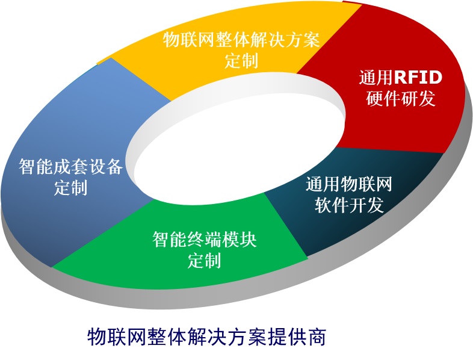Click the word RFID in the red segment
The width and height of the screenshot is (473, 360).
click(x=418, y=77)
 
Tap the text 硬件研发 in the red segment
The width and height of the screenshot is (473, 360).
click(x=401, y=98)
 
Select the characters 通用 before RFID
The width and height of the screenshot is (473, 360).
click(x=376, y=77)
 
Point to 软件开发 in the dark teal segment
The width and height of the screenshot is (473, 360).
click(x=349, y=205)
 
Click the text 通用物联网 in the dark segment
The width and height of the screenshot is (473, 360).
click(x=349, y=184)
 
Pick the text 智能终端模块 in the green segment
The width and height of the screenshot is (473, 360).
click(x=205, y=239)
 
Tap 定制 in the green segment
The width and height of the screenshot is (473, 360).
click(x=205, y=260)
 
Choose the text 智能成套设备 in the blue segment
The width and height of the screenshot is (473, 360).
click(x=70, y=167)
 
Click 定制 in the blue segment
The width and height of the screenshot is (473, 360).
click(x=70, y=188)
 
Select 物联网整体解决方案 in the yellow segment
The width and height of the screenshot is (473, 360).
click(x=241, y=40)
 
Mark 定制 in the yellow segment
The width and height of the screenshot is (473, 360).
click(x=241, y=60)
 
